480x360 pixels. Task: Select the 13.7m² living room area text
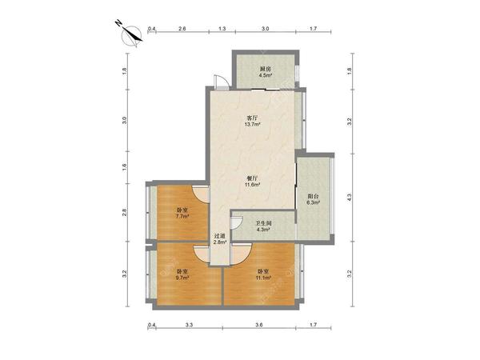pyautogui.click(x=252, y=124)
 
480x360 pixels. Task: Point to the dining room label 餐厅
pyautogui.click(x=252, y=178)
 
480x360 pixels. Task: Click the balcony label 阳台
pyautogui.click(x=313, y=196)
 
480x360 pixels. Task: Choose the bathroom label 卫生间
pyautogui.click(x=263, y=223)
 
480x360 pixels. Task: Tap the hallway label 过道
pyautogui.click(x=219, y=236)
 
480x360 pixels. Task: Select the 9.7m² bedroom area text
pyautogui.click(x=182, y=278)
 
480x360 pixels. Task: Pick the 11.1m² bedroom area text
pyautogui.click(x=263, y=278)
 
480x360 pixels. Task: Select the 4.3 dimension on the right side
pyautogui.click(x=350, y=198)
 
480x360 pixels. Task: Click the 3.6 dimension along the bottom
pyautogui.click(x=259, y=325)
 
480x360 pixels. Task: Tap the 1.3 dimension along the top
pyautogui.click(x=222, y=29)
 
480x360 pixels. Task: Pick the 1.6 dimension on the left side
pyautogui.click(x=124, y=167)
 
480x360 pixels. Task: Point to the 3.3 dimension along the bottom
pyautogui.click(x=189, y=325)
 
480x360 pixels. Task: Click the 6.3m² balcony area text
pyautogui.click(x=313, y=202)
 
